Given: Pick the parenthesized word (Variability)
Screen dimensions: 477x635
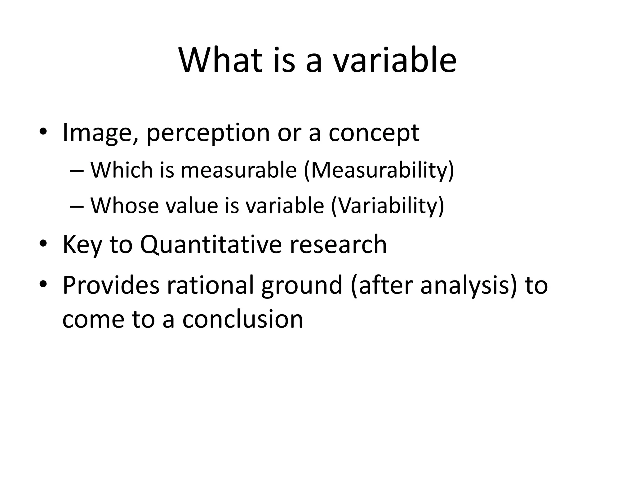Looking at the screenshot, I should click(388, 206).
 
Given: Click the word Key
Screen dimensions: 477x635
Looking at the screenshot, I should click(82, 245).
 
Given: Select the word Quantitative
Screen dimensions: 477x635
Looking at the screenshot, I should click(211, 245).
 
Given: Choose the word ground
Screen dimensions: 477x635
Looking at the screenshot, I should click(301, 286).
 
